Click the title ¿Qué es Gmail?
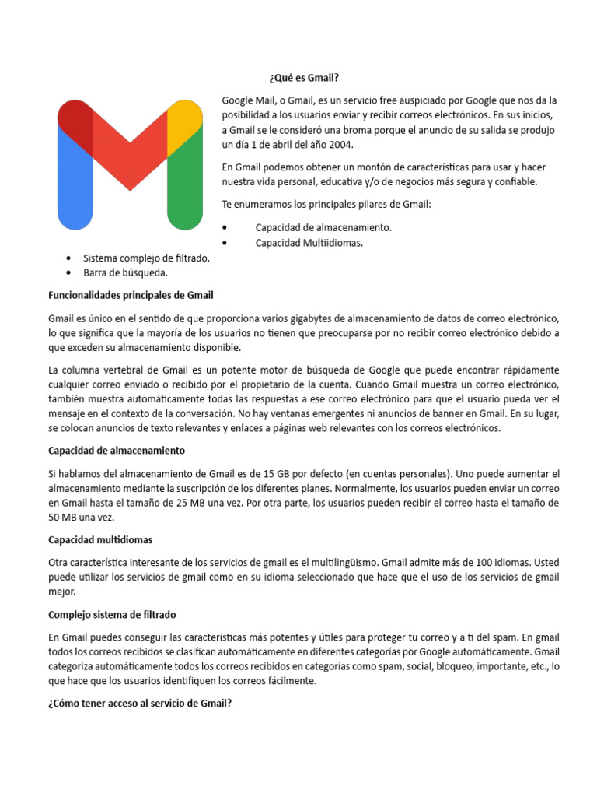[x=304, y=78]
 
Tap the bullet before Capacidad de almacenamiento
[x=225, y=227]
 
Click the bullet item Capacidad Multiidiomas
[x=309, y=243]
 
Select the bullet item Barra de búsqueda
[x=125, y=272]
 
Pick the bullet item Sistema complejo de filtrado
[x=146, y=258]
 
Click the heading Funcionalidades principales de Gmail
[x=131, y=295]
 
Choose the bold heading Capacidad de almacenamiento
[x=117, y=451]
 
